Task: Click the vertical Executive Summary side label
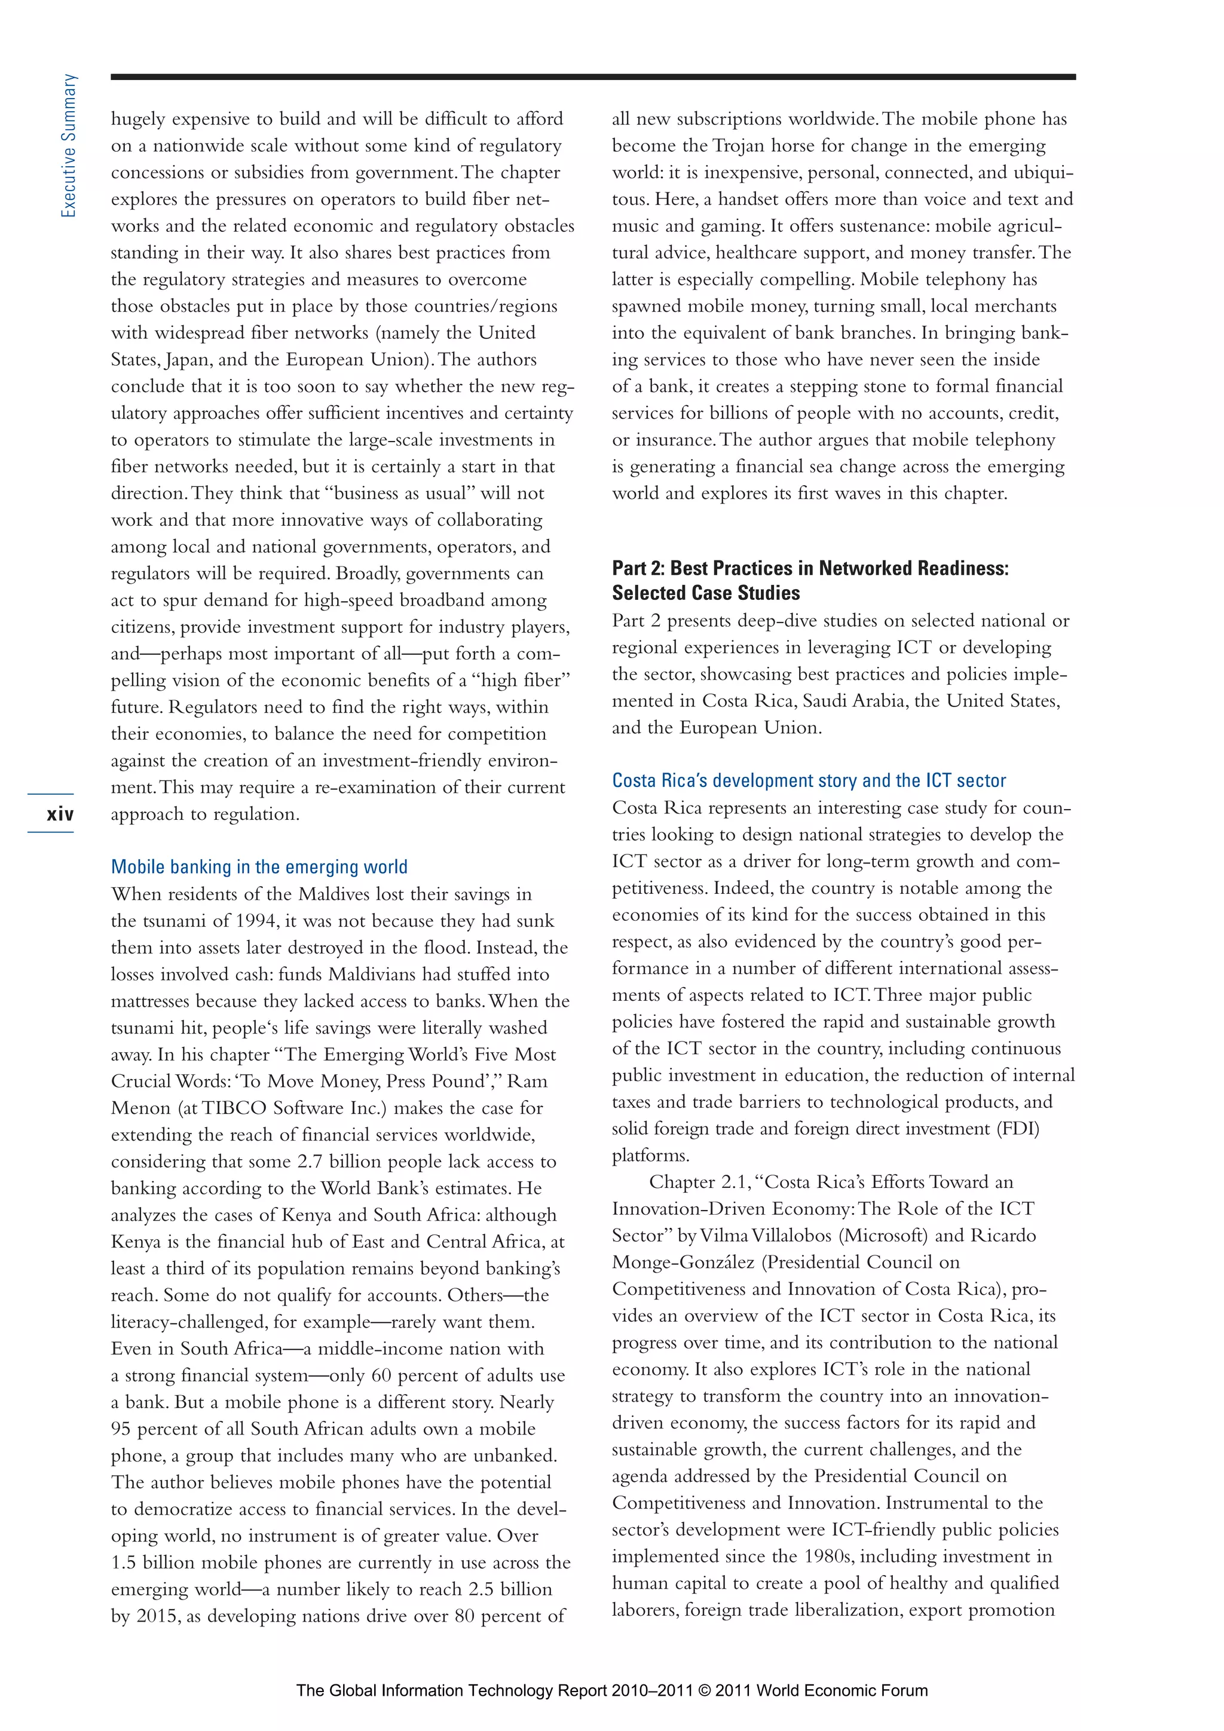point(69,146)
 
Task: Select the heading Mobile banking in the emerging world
point(259,866)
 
